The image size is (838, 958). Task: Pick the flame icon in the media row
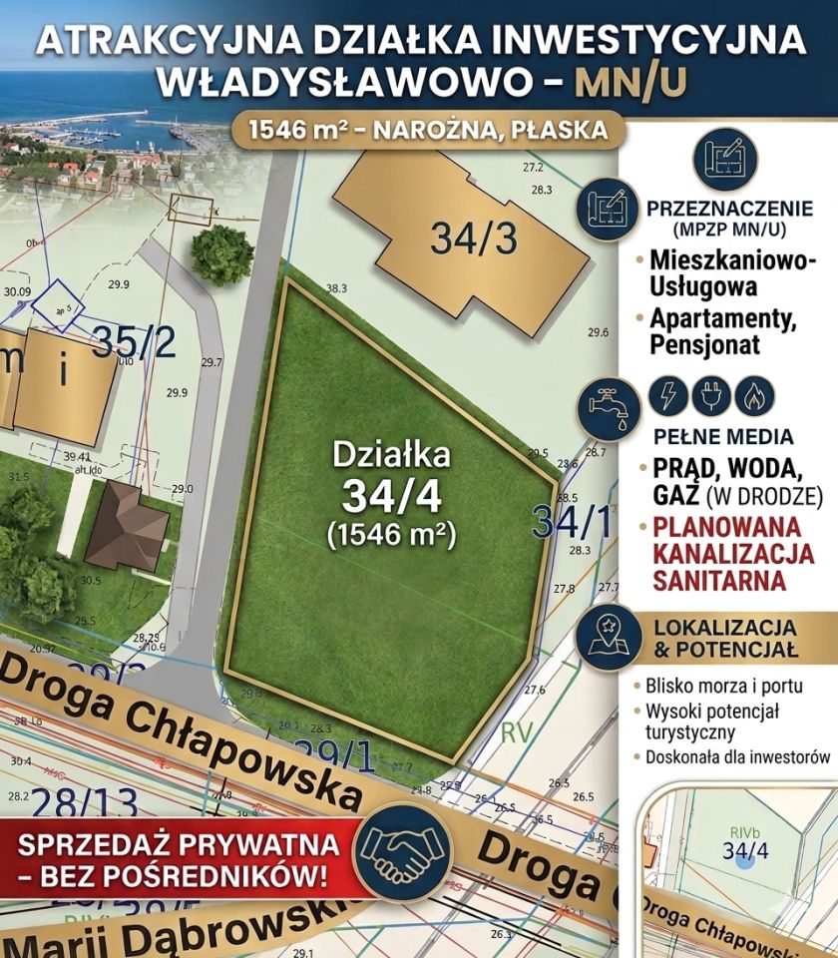(x=754, y=396)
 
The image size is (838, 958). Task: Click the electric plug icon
(x=711, y=396)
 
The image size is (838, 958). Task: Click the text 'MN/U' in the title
(x=631, y=83)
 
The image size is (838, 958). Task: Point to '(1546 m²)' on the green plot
(x=391, y=534)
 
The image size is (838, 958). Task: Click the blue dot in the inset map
(x=744, y=859)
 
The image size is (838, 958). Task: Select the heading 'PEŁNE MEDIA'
(x=723, y=437)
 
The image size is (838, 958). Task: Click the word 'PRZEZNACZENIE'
(x=730, y=209)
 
